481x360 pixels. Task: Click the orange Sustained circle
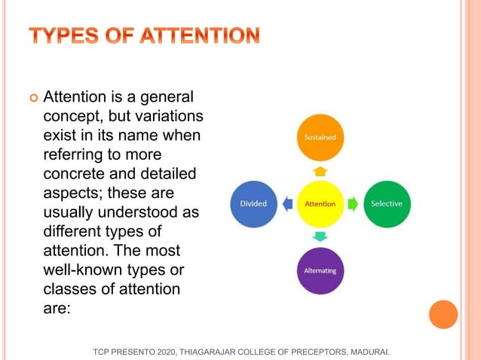click(320, 138)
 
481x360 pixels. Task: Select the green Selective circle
click(387, 204)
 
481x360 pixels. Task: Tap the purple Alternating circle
click(320, 270)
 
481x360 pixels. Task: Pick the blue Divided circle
click(253, 204)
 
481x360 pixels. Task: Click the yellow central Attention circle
click(320, 204)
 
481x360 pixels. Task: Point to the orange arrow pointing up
click(320, 171)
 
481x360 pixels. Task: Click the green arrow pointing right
click(352, 204)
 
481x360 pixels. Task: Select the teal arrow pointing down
click(320, 237)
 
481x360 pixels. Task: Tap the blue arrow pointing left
click(287, 204)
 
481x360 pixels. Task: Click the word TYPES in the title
click(66, 35)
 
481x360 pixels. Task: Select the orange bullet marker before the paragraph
click(32, 99)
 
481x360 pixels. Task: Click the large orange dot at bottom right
click(443, 314)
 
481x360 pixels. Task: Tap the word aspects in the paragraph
click(72, 193)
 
